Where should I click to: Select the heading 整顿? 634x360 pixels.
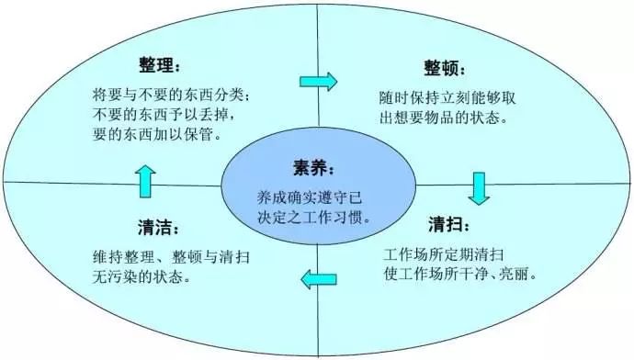(x=445, y=70)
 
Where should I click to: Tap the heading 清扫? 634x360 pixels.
(x=451, y=225)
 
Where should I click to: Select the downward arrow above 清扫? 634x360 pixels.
(x=478, y=186)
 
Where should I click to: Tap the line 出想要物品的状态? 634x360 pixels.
(x=440, y=118)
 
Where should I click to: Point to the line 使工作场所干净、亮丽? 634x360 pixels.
(x=459, y=274)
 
